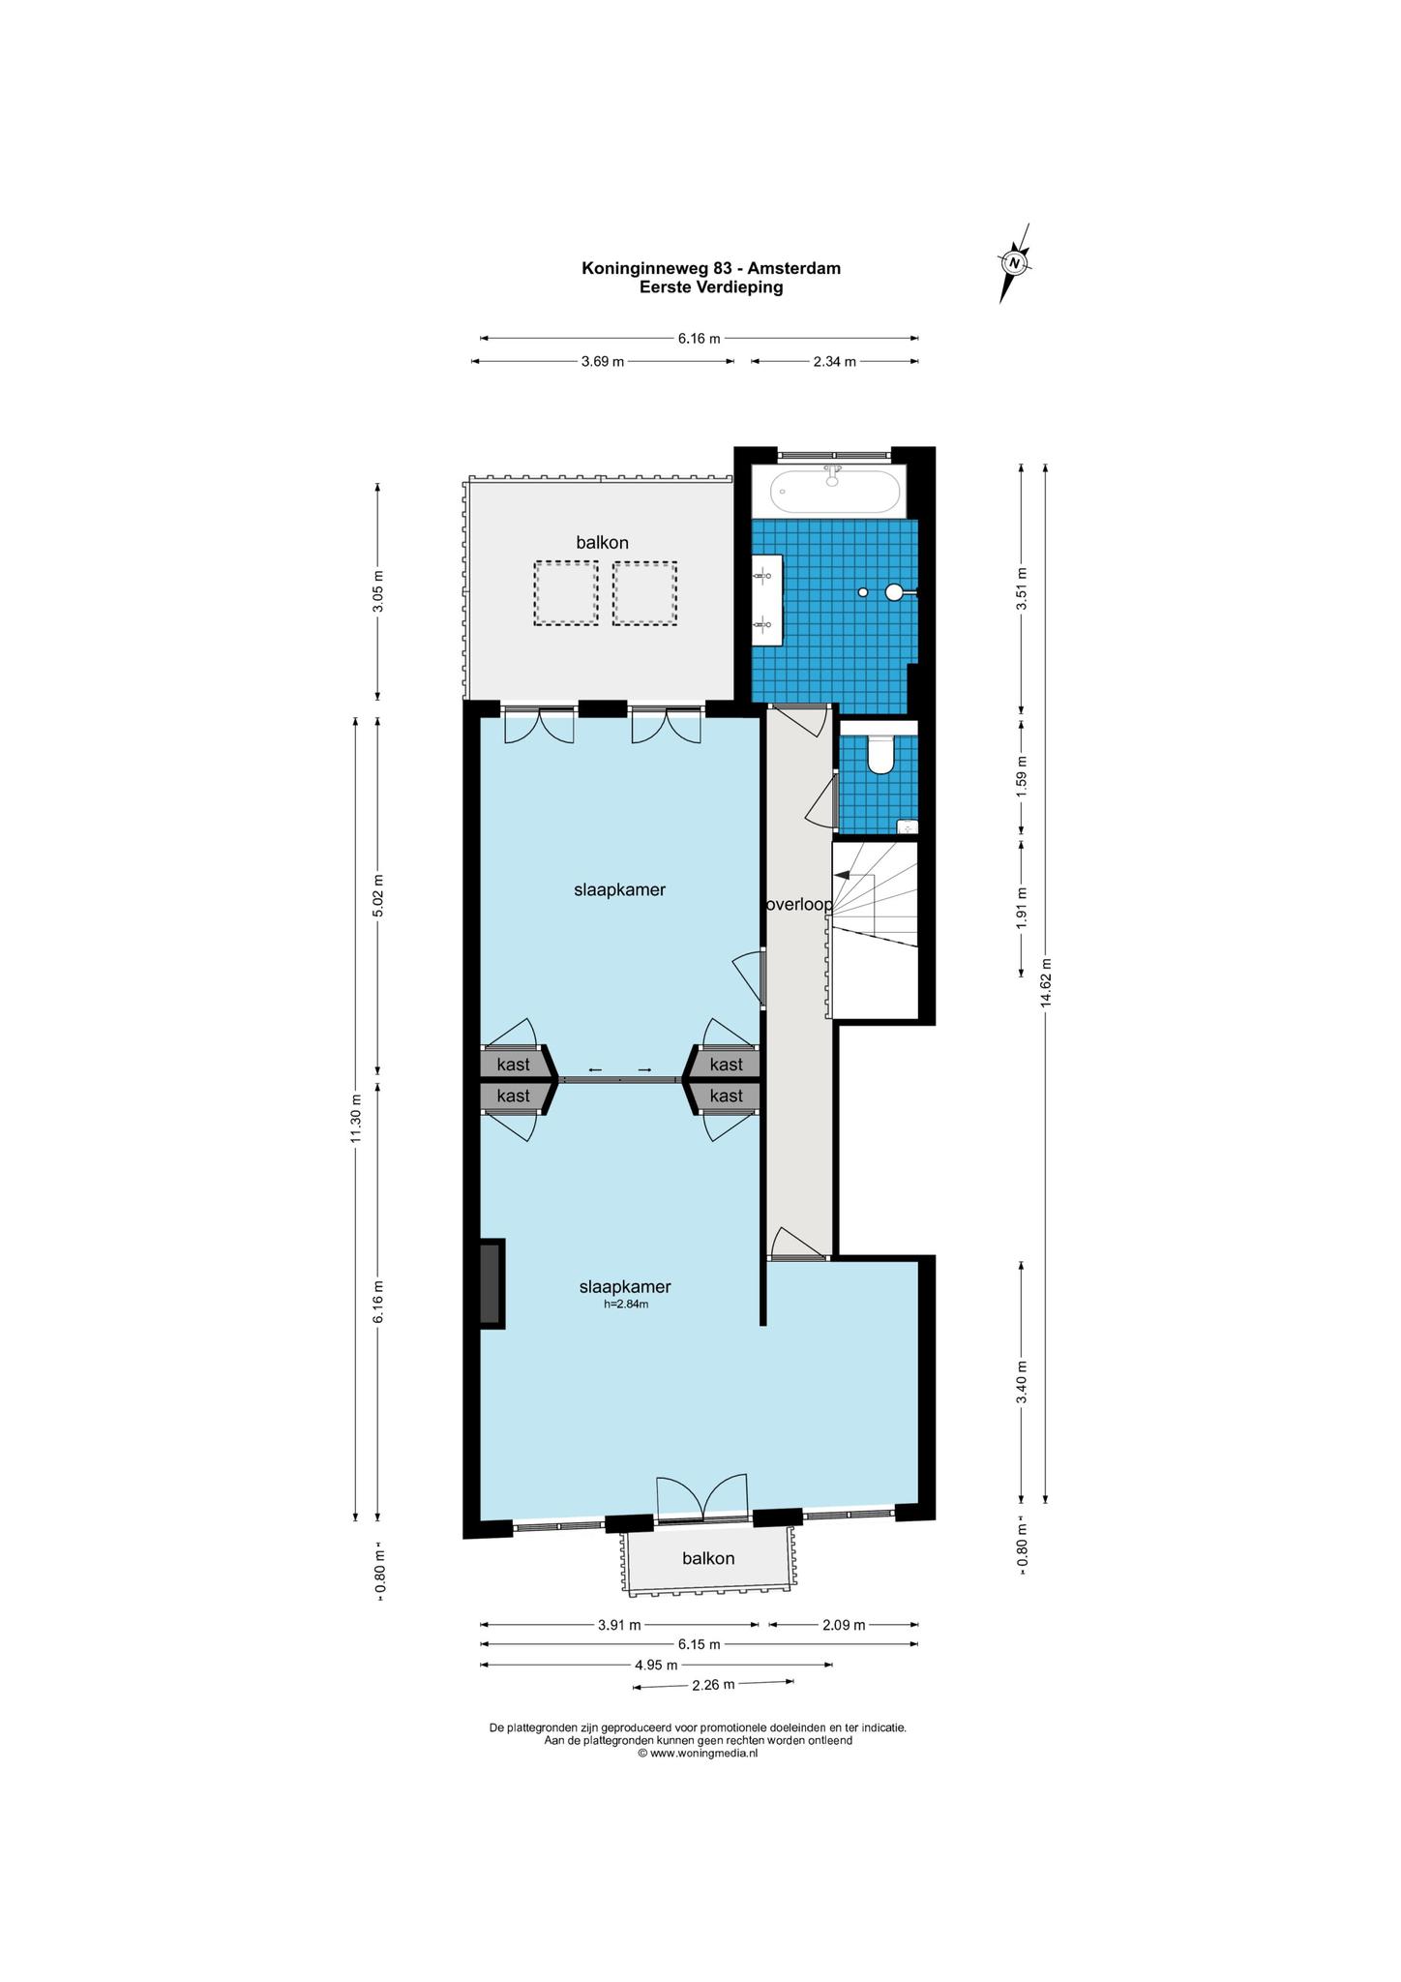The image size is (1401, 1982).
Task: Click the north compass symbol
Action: [x=1015, y=262]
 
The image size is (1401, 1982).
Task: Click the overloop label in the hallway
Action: [x=799, y=905]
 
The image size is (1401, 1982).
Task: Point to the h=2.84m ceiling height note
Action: [x=625, y=1304]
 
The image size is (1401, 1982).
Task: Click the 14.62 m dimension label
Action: [x=1045, y=982]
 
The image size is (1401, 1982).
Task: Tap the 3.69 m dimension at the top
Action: [x=602, y=362]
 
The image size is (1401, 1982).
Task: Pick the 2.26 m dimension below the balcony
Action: [x=713, y=1684]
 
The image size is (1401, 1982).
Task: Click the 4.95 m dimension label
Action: [x=655, y=1665]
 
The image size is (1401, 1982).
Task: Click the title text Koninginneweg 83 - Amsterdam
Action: [x=711, y=268]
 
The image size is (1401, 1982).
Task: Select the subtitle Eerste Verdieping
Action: [x=711, y=287]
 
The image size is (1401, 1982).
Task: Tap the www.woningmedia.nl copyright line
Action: [x=697, y=1753]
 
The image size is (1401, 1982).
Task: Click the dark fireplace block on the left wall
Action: [x=492, y=1284]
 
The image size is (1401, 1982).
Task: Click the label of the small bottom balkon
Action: [x=708, y=1558]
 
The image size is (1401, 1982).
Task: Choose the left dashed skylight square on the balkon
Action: [x=566, y=593]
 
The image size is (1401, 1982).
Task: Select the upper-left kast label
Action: [x=513, y=1065]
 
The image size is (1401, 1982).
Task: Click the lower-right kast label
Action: [x=727, y=1096]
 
